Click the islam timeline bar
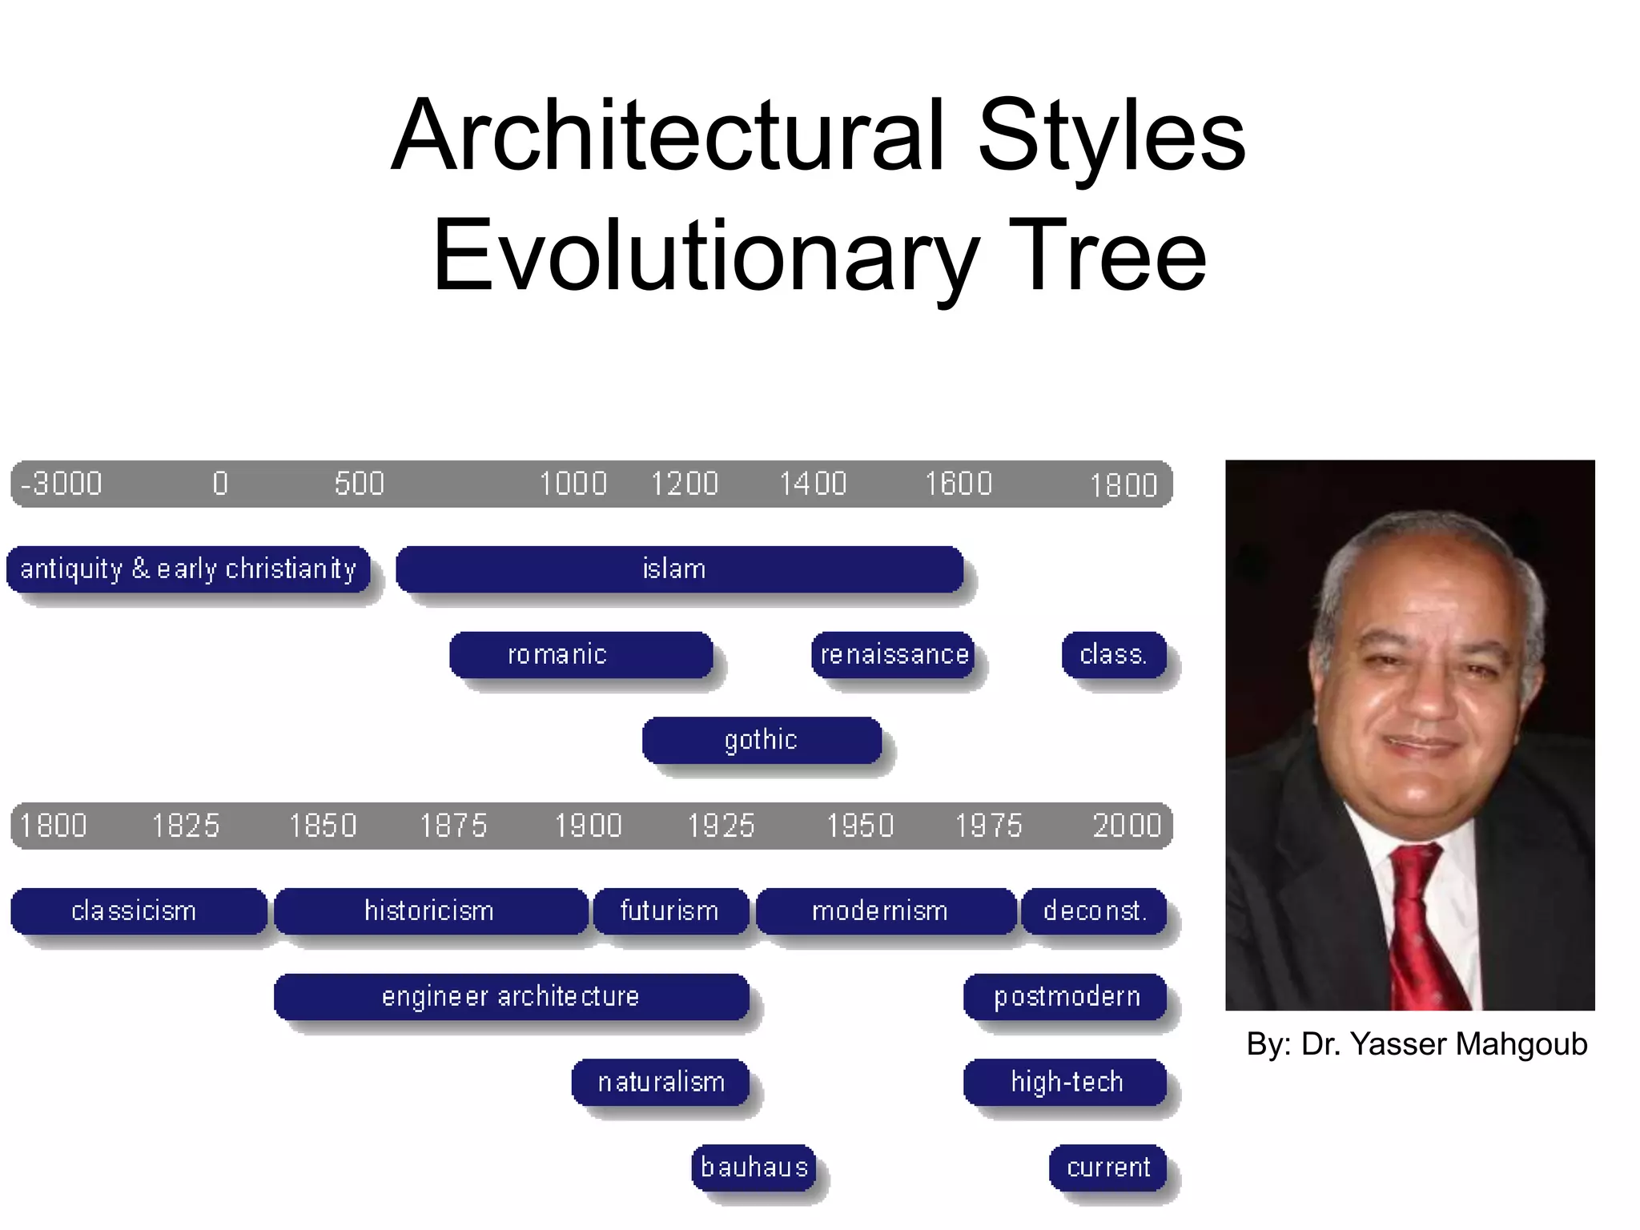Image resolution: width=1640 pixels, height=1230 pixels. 679,569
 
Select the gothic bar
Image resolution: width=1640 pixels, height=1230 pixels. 762,740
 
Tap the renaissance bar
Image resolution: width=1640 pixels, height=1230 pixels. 893,655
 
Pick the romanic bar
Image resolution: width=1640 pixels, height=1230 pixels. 581,655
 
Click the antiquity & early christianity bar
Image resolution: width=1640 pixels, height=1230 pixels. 188,569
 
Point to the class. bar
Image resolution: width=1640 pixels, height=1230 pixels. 1114,655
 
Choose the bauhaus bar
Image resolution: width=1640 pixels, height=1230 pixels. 754,1168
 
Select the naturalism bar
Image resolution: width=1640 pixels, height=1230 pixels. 661,1083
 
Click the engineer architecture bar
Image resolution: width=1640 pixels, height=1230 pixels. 511,997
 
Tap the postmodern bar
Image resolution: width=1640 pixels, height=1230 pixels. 1065,997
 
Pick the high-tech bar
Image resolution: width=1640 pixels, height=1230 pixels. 1065,1083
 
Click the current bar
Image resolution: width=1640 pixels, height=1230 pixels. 1107,1168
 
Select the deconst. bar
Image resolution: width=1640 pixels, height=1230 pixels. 1094,911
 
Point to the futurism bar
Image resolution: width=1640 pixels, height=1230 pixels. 670,911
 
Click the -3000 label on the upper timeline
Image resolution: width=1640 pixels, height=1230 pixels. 62,484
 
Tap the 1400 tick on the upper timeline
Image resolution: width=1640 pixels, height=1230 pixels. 813,484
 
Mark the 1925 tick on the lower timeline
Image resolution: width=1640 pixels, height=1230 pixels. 721,826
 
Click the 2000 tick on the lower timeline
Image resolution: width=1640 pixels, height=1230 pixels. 1126,826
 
